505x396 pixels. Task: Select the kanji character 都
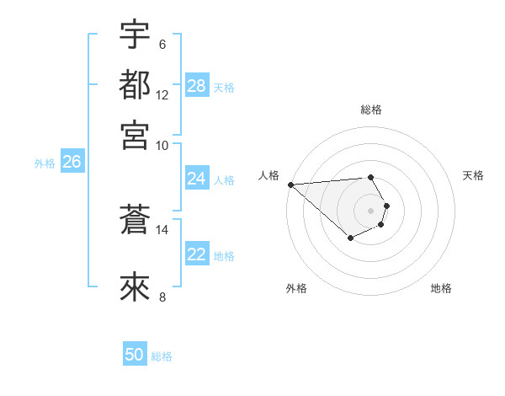point(135,85)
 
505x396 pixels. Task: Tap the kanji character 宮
point(135,135)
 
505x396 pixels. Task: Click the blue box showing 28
point(197,86)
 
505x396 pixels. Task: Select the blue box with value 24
point(197,179)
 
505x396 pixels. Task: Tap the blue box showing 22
point(197,254)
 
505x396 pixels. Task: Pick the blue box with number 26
point(72,163)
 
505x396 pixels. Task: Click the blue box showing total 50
point(135,355)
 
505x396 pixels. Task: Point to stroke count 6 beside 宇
point(162,45)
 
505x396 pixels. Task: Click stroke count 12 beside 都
point(162,94)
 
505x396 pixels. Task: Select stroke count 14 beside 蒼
point(162,229)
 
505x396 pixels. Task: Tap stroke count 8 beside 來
point(162,296)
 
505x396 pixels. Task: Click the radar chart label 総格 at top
point(371,110)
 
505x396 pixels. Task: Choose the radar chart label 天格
point(474,175)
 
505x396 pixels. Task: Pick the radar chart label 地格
point(441,288)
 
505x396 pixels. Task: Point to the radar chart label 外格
point(296,288)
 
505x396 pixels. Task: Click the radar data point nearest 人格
point(290,184)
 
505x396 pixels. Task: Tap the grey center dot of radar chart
point(371,210)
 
